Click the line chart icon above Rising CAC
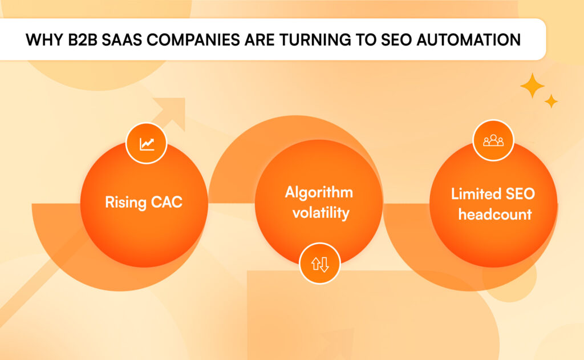pyautogui.click(x=146, y=143)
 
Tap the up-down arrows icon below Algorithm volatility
pyautogui.click(x=319, y=264)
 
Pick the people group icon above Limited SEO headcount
pyautogui.click(x=493, y=140)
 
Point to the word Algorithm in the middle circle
pyautogui.click(x=319, y=192)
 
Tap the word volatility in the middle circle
pyautogui.click(x=319, y=213)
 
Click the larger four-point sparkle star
pyautogui.click(x=533, y=85)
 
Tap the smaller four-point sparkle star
pyautogui.click(x=551, y=101)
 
